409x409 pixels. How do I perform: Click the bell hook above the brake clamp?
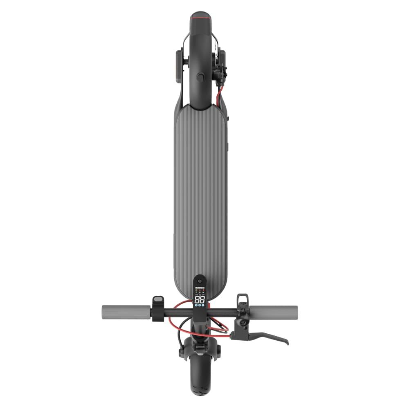[243, 299]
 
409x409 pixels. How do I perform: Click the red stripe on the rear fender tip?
[201, 18]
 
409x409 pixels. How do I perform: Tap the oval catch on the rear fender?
[200, 77]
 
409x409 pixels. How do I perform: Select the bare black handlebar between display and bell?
[223, 312]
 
